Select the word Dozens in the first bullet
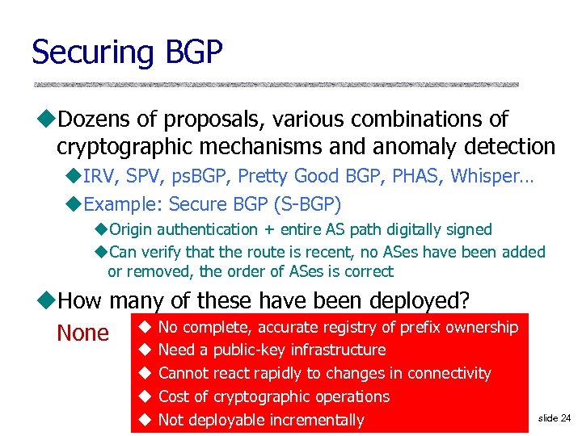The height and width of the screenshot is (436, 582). pos(95,119)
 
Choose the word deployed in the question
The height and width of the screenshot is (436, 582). pos(419,301)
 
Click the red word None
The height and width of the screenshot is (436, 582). pos(82,333)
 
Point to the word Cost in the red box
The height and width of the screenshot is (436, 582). pos(174,396)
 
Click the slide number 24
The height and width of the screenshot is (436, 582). pos(565,418)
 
